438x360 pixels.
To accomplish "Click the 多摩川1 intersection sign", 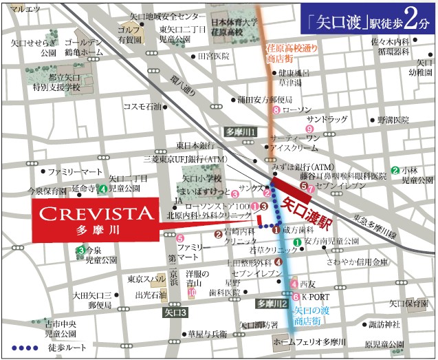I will tap(241, 131).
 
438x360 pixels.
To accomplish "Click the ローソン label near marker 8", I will tap(298, 109).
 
